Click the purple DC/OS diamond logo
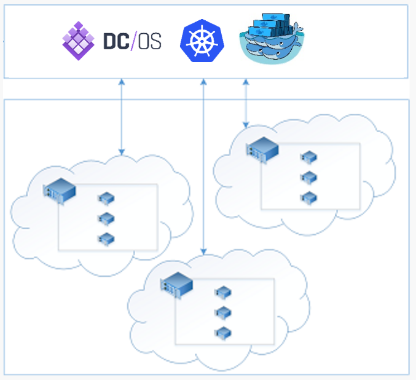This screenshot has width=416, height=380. [79, 40]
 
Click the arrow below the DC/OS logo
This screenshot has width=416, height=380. [122, 117]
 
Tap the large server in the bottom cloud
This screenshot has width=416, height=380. [176, 283]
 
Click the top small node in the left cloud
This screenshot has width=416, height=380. [106, 198]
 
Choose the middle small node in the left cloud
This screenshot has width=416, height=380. [106, 218]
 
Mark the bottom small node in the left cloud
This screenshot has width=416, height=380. [106, 239]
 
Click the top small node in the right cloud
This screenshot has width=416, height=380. [308, 157]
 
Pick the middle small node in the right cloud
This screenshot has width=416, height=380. [308, 178]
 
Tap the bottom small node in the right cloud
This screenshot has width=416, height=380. [308, 198]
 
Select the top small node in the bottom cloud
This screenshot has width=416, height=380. [222, 293]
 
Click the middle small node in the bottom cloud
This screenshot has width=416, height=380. [222, 313]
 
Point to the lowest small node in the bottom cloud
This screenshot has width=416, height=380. [222, 333]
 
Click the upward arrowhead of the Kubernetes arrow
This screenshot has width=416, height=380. [203, 82]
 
